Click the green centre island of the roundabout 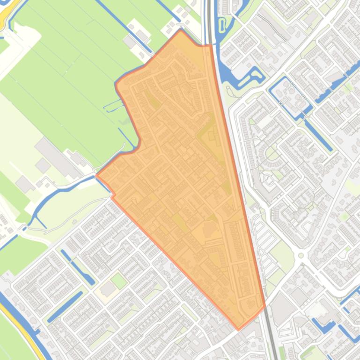301,256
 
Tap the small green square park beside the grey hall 119,281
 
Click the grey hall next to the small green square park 108,289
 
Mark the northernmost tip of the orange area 181,30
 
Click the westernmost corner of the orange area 96,175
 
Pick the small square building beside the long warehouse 43,165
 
